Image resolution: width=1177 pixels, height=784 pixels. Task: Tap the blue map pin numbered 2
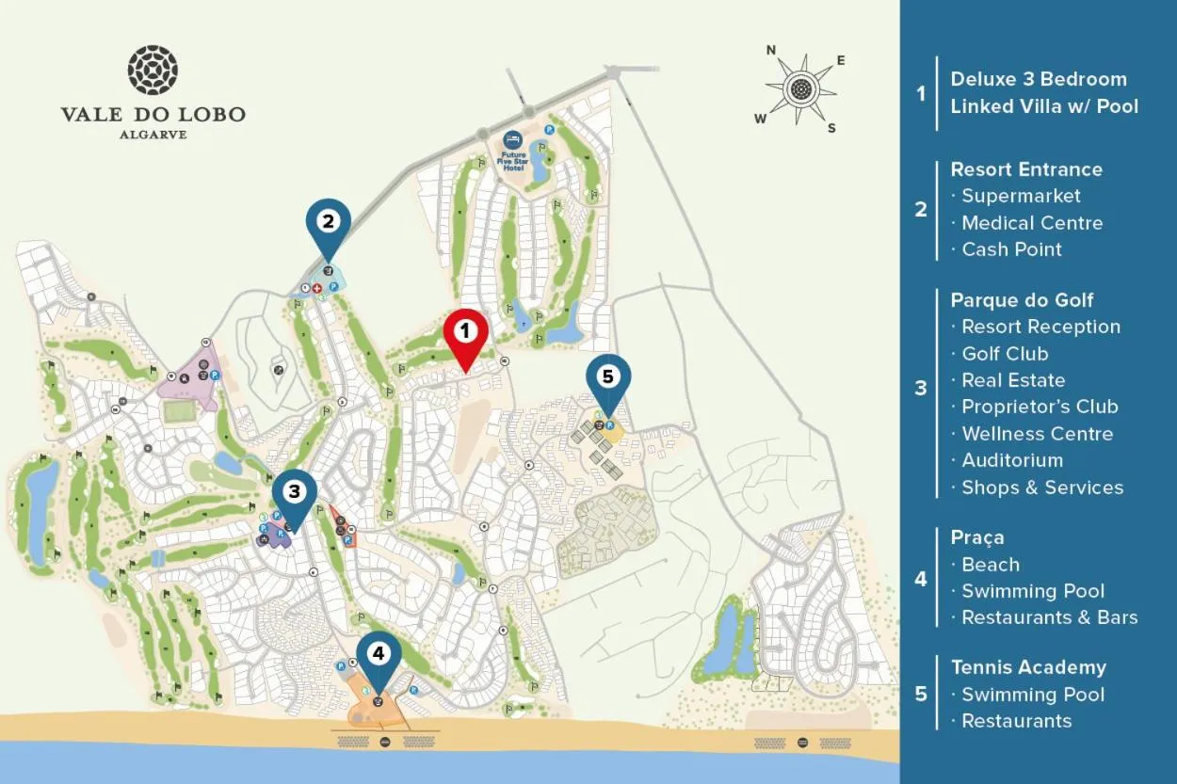pyautogui.click(x=328, y=224)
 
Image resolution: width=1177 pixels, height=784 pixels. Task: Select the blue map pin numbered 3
pyautogui.click(x=295, y=492)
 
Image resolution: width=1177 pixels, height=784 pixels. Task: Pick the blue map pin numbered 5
pyautogui.click(x=607, y=378)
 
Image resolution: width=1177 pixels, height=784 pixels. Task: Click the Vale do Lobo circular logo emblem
pyautogui.click(x=153, y=71)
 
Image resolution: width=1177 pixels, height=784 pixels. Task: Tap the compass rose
pyautogui.click(x=800, y=89)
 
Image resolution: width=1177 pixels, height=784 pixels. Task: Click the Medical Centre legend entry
pyautogui.click(x=1032, y=223)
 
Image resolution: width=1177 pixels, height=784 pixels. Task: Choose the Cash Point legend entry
pyautogui.click(x=1011, y=249)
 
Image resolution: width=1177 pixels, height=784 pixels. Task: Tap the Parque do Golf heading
pyautogui.click(x=1022, y=300)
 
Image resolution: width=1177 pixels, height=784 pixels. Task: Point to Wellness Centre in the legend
pyautogui.click(x=1037, y=434)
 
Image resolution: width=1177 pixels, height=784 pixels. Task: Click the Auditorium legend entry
pyautogui.click(x=1012, y=460)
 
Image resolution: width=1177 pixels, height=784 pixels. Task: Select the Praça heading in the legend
pyautogui.click(x=977, y=537)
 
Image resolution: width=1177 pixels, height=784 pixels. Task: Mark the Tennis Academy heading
pyautogui.click(x=1028, y=667)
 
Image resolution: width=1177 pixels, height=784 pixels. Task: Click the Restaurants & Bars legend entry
pyautogui.click(x=1049, y=617)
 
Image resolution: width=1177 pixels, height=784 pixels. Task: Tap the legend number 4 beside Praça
pyautogui.click(x=921, y=578)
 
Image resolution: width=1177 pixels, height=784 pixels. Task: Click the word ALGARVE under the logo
pyautogui.click(x=153, y=135)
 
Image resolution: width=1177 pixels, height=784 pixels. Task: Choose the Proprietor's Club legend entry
pyautogui.click(x=1040, y=407)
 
